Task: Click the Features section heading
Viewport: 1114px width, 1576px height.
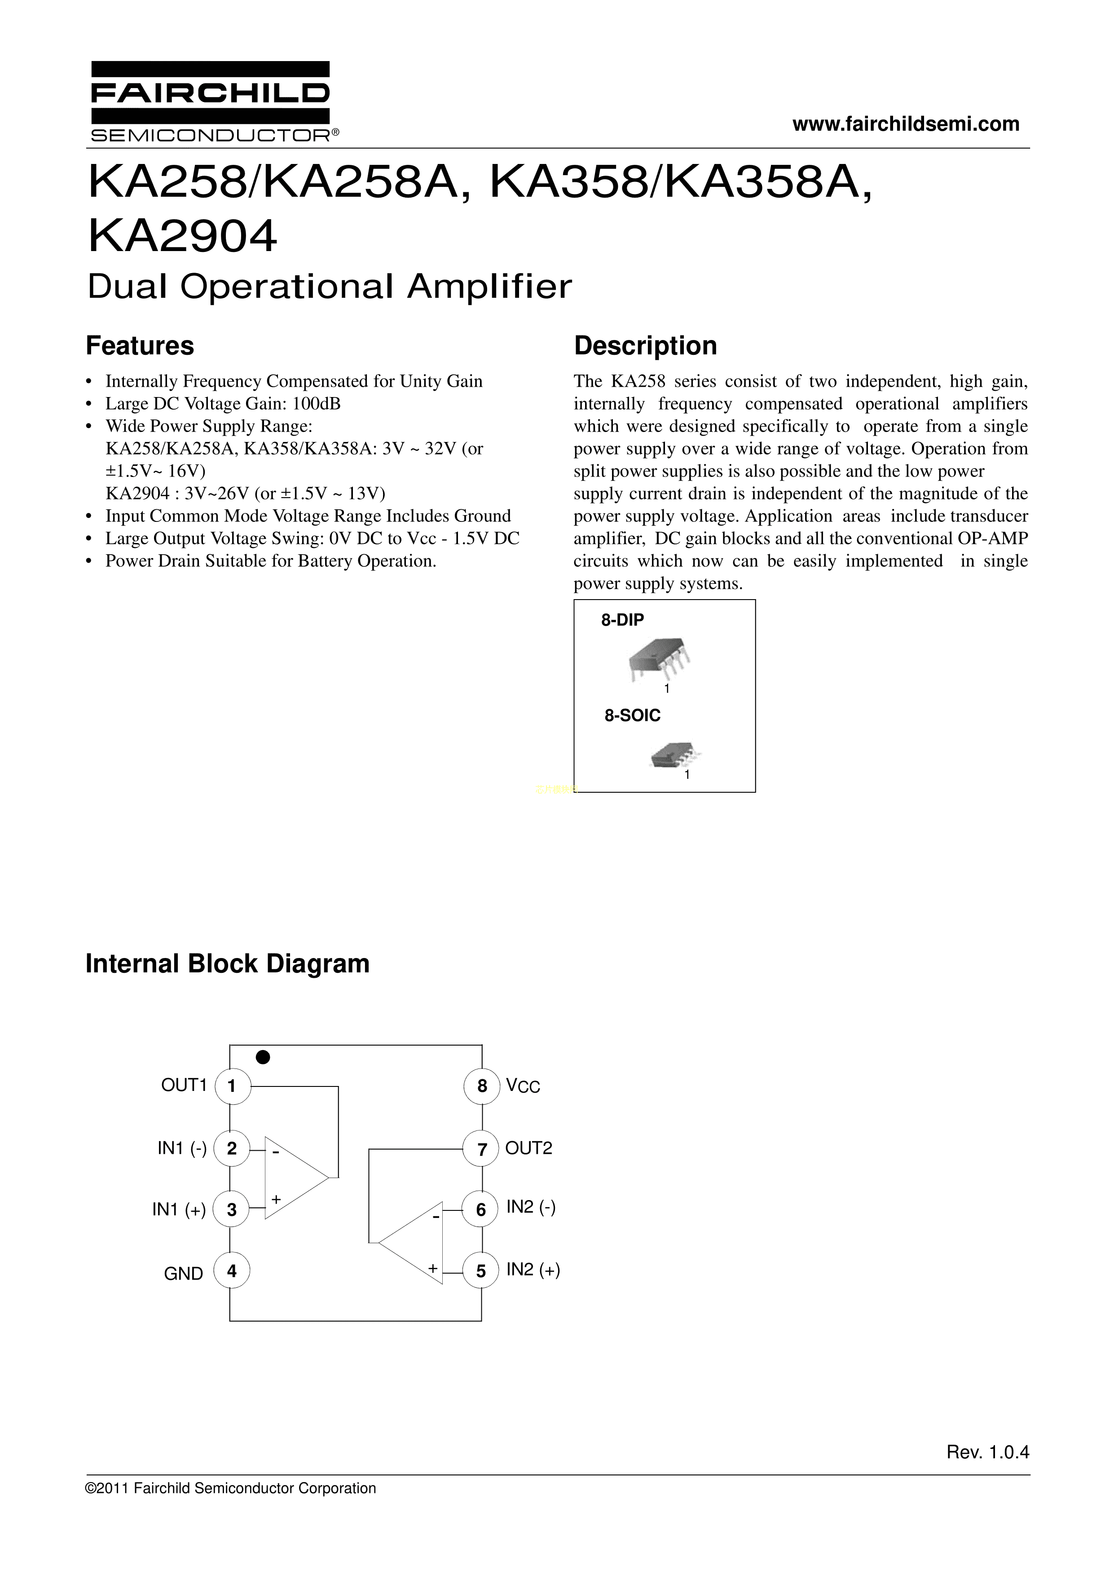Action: [x=140, y=345]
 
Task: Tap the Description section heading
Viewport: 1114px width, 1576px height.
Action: [x=645, y=345]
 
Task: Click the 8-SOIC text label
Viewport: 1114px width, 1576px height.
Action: [x=632, y=716]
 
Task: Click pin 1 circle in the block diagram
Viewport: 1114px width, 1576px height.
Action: [x=232, y=1086]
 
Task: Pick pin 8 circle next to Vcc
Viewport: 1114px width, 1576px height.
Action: [x=482, y=1086]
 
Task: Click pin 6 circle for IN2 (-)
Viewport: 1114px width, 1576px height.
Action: [x=481, y=1210]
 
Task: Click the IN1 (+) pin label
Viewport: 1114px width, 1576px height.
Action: [x=179, y=1210]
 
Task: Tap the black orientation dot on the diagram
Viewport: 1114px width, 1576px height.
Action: [x=263, y=1056]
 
